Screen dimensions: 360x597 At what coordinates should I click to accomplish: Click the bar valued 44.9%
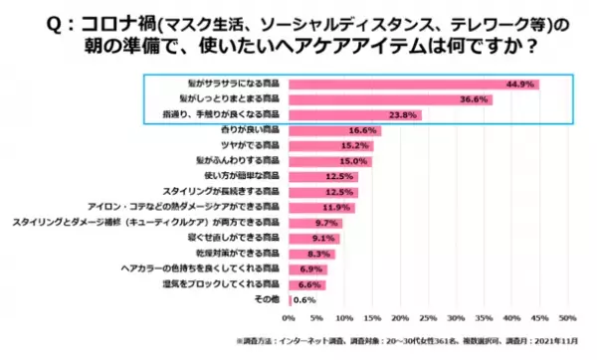(413, 85)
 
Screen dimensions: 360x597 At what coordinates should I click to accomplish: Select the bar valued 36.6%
(390, 99)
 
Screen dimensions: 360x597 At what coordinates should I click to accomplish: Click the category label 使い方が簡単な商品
(245, 176)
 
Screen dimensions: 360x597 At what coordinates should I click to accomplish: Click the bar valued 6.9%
(298, 269)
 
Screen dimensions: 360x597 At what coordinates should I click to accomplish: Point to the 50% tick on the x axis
(567, 318)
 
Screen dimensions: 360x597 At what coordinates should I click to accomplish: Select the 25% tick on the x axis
(428, 318)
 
